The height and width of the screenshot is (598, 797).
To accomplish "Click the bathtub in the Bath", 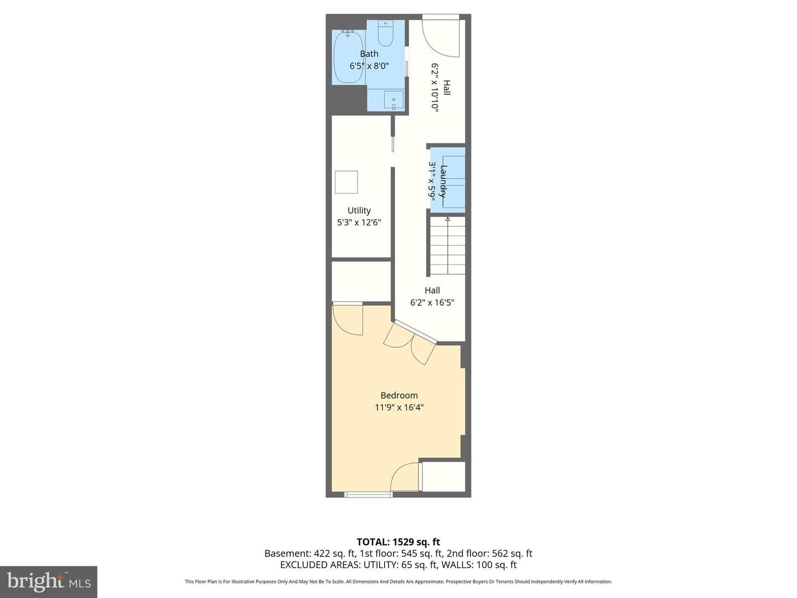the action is coord(349,57).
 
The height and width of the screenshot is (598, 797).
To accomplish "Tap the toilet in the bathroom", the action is coord(386,33).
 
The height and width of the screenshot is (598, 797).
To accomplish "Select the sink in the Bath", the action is coord(394,100).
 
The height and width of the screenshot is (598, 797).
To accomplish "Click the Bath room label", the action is coord(369,54).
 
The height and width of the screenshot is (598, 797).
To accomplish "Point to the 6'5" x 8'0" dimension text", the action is coord(369,66).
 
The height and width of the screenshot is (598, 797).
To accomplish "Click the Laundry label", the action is coord(444,181).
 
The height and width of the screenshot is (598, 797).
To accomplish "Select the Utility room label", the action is coord(359,210).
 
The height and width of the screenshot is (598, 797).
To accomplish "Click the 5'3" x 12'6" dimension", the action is coord(359,223).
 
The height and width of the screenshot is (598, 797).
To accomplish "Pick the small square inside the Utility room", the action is coord(346,182).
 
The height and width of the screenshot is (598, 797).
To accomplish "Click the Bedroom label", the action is coord(399,395).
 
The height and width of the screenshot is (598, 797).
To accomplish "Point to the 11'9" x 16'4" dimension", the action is coord(399,408).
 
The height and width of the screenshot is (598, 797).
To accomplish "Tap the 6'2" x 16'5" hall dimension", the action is coord(432,302).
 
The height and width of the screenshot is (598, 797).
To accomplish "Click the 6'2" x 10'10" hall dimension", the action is coord(435,87).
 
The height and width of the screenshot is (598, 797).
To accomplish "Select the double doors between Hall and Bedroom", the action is coord(410,342).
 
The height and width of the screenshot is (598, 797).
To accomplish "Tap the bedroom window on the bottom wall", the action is coord(368,494).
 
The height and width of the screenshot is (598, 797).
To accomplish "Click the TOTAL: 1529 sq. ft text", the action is coord(398,542).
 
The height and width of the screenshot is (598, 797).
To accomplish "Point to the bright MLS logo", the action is coord(49,581).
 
